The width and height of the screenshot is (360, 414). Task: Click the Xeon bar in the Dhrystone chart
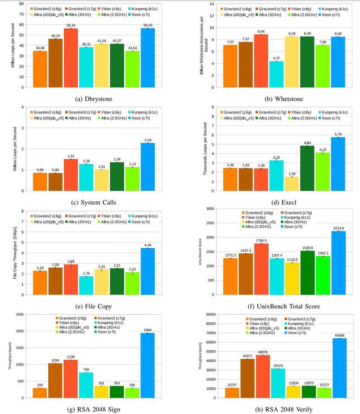[x=148, y=58]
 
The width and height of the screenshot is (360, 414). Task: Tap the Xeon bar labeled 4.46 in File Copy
[x=148, y=272]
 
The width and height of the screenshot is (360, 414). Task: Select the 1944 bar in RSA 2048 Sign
[x=148, y=365]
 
